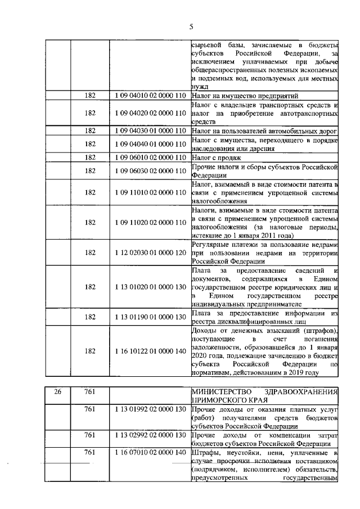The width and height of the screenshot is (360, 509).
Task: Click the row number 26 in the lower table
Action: [57, 391]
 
